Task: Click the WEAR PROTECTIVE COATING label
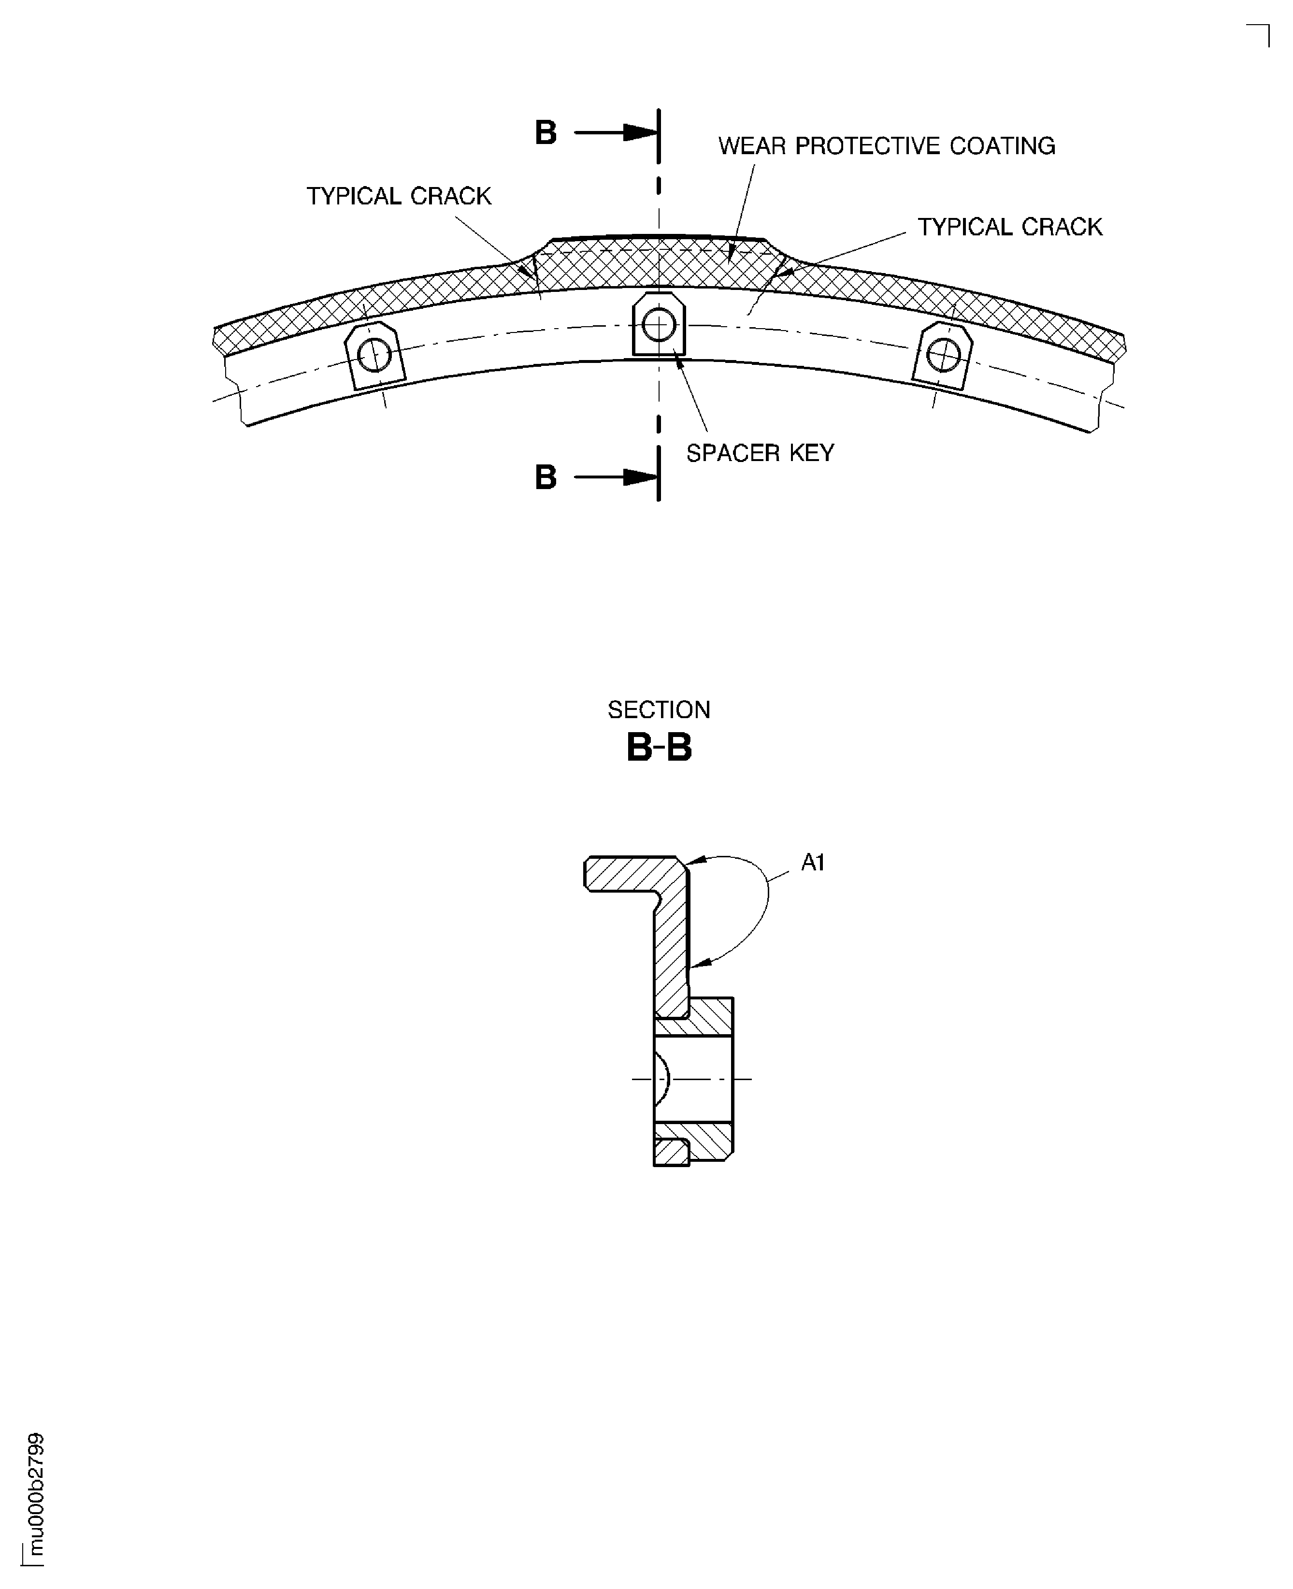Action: tap(886, 146)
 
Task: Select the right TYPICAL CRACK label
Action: tap(1010, 227)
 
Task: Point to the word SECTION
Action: tap(659, 710)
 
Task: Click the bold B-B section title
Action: tap(659, 748)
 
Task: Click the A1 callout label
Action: tap(813, 863)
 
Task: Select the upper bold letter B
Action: tap(546, 133)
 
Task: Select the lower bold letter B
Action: tap(546, 477)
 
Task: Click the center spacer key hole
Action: tap(659, 325)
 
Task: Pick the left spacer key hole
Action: tap(374, 355)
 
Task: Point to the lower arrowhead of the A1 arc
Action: tap(700, 965)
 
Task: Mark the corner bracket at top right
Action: tap(1258, 35)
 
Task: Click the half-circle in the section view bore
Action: tap(663, 1079)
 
